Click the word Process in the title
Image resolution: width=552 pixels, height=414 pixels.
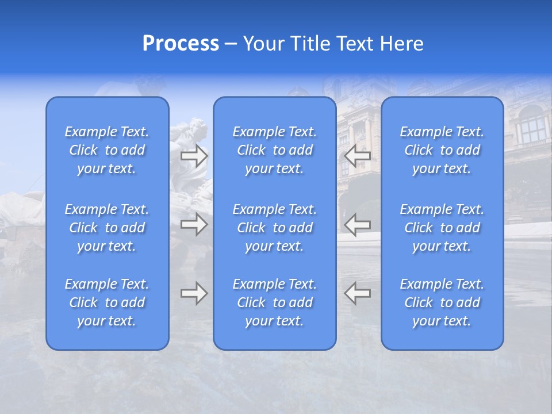click(x=181, y=44)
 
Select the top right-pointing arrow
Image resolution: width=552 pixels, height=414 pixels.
click(x=194, y=155)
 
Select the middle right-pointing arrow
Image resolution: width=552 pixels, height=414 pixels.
click(x=194, y=224)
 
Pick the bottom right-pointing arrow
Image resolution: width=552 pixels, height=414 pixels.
click(x=194, y=293)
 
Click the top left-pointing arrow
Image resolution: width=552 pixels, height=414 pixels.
click(x=357, y=155)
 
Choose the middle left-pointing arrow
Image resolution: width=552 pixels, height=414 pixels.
click(x=357, y=224)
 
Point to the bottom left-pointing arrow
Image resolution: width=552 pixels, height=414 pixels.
click(x=357, y=293)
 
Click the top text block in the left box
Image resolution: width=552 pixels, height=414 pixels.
click(x=107, y=150)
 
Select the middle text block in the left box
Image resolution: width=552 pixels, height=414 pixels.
click(x=107, y=228)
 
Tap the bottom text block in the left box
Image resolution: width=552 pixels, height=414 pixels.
click(x=107, y=302)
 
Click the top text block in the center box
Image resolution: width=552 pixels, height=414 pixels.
click(x=275, y=150)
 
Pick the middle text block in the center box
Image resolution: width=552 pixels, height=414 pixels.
click(x=275, y=228)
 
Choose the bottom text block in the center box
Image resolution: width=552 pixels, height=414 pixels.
click(x=275, y=302)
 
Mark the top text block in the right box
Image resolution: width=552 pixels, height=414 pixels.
click(x=442, y=150)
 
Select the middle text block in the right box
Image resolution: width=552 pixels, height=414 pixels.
click(x=442, y=228)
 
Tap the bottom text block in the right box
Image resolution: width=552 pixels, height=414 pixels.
click(x=442, y=302)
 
